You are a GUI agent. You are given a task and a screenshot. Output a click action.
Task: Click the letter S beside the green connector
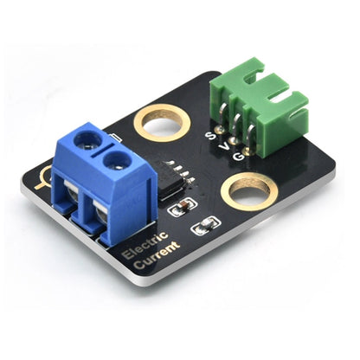209,135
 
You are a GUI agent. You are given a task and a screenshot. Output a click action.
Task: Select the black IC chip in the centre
176,177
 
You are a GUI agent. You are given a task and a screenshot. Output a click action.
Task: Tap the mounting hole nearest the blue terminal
162,122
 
